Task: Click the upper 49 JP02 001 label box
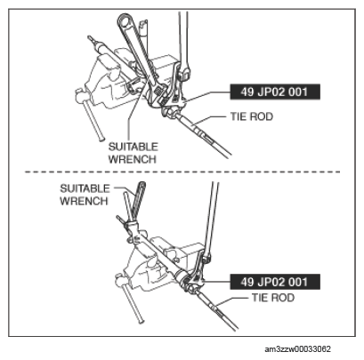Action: pyautogui.click(x=275, y=92)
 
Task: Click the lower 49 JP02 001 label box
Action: pyautogui.click(x=275, y=282)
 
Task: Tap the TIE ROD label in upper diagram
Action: pyautogui.click(x=252, y=116)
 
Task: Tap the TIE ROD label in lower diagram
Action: pyautogui.click(x=273, y=298)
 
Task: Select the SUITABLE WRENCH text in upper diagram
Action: pyautogui.click(x=133, y=153)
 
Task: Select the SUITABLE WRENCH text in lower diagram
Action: pyautogui.click(x=85, y=195)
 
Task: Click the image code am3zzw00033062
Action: pyautogui.click(x=297, y=349)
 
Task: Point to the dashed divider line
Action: pyautogui.click(x=182, y=172)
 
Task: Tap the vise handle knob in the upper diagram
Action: pyautogui.click(x=79, y=95)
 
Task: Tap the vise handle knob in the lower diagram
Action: pyautogui.click(x=119, y=278)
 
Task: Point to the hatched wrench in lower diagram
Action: pyautogui.click(x=138, y=202)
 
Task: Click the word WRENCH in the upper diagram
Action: pyautogui.click(x=133, y=159)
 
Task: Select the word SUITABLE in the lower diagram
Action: pyautogui.click(x=85, y=188)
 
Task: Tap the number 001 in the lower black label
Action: pyautogui.click(x=298, y=282)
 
